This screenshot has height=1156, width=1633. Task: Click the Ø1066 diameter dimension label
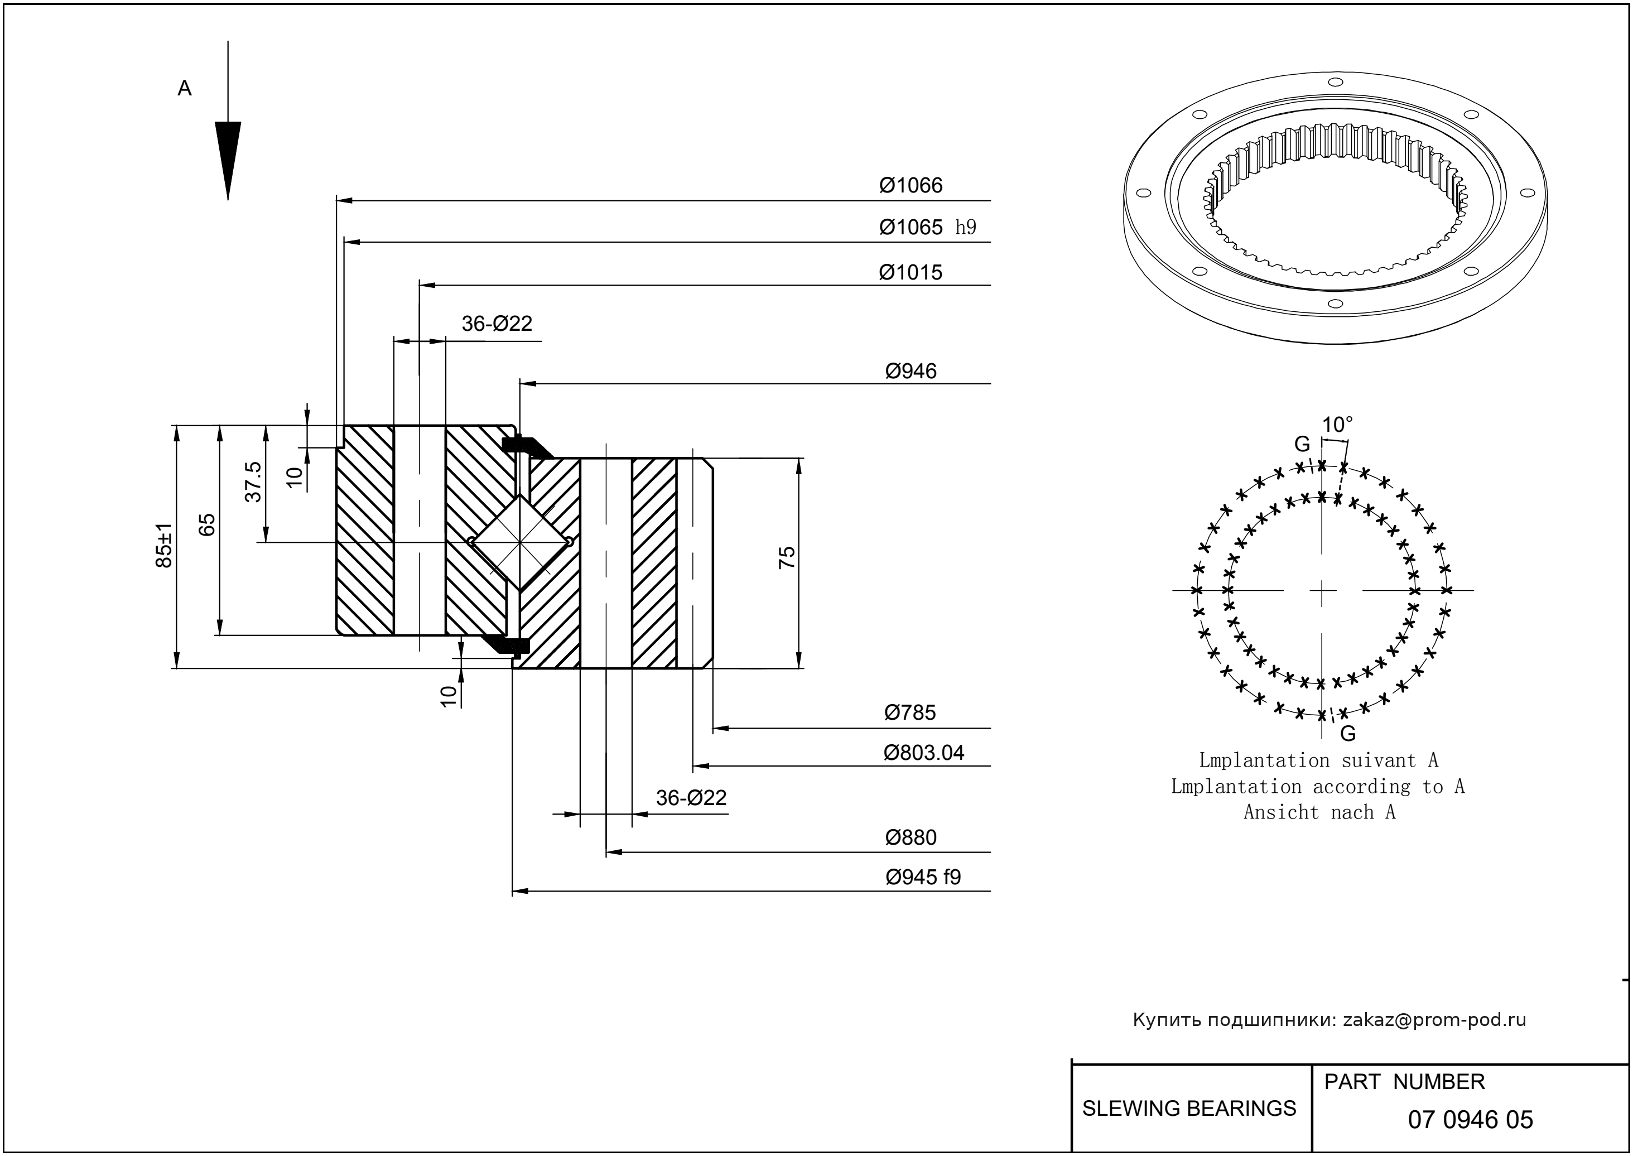click(x=911, y=186)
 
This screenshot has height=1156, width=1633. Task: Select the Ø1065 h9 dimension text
click(x=927, y=228)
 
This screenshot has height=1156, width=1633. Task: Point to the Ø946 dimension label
click(x=911, y=372)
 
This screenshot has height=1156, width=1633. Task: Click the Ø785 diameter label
click(x=910, y=712)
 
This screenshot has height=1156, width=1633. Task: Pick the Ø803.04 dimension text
click(x=923, y=753)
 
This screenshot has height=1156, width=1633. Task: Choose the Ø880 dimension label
click(x=911, y=838)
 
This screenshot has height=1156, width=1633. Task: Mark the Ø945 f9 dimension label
click(x=923, y=877)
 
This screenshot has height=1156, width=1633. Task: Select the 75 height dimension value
click(x=787, y=557)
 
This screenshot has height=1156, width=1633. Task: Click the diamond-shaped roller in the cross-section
click(x=521, y=542)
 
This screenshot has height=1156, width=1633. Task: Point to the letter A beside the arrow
click(x=184, y=89)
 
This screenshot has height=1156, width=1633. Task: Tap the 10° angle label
click(x=1337, y=425)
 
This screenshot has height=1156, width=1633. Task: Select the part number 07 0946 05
click(x=1470, y=1120)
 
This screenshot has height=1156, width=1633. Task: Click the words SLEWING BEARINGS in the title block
click(x=1189, y=1109)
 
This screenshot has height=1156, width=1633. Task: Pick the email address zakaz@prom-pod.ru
click(x=1434, y=1020)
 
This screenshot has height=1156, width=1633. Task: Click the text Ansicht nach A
click(x=1319, y=812)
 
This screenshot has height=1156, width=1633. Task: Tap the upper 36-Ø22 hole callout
click(x=497, y=324)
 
